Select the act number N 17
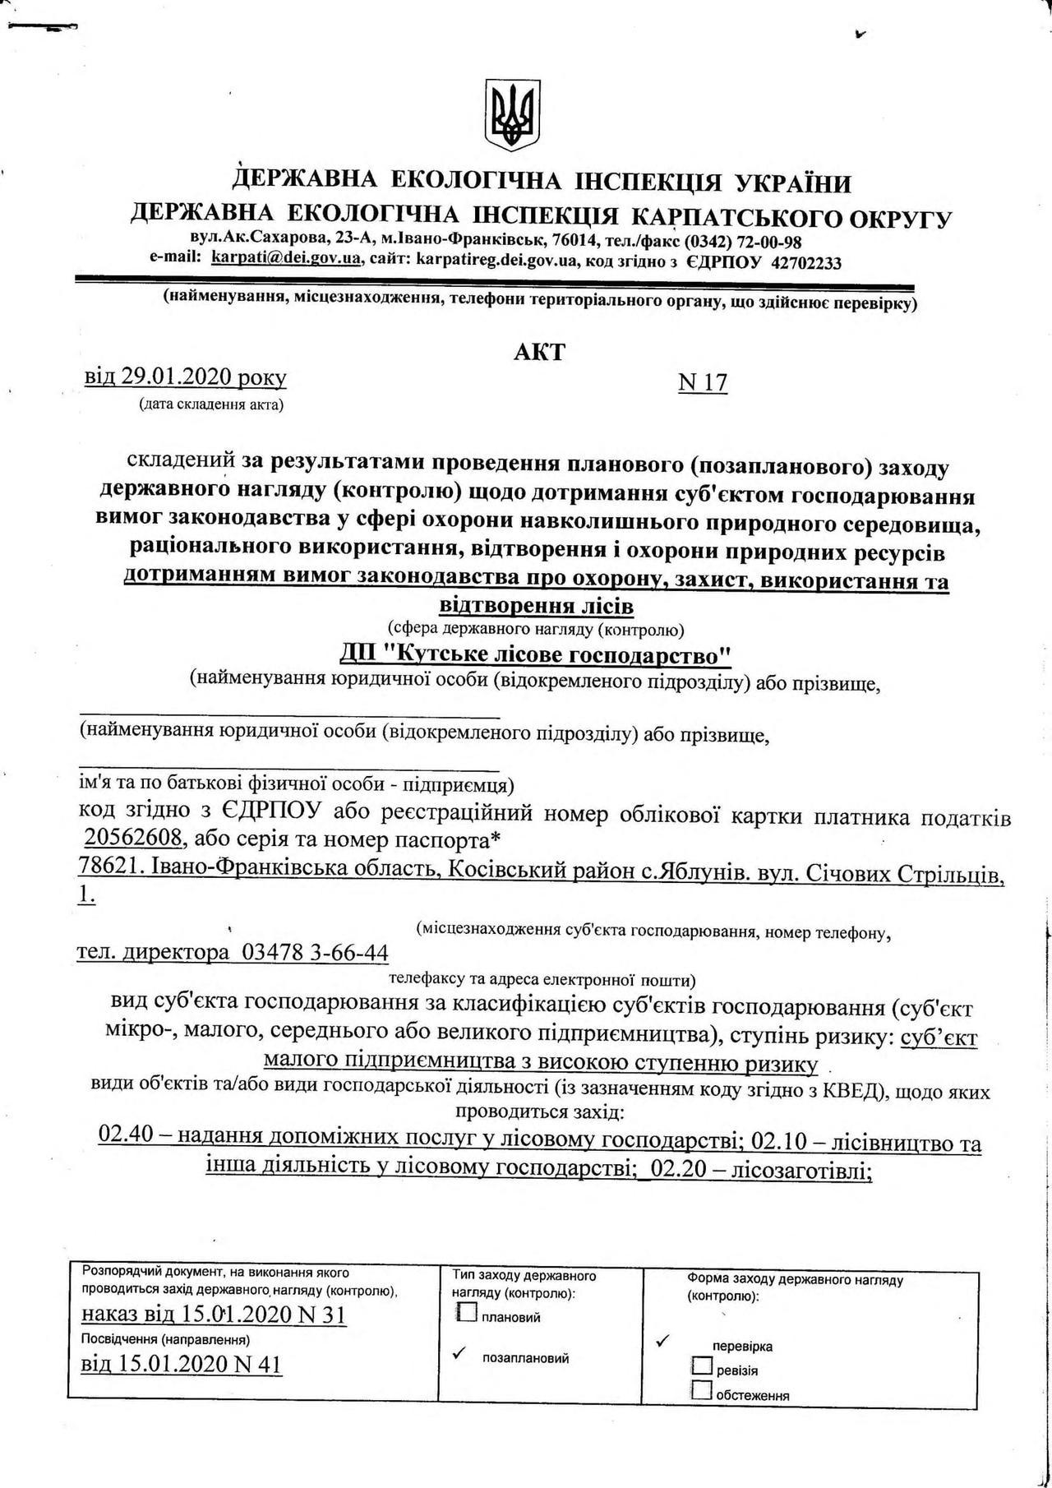(x=703, y=383)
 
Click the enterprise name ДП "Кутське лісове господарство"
(x=536, y=655)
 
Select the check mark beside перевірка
(x=664, y=1342)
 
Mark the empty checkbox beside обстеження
(x=702, y=1390)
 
